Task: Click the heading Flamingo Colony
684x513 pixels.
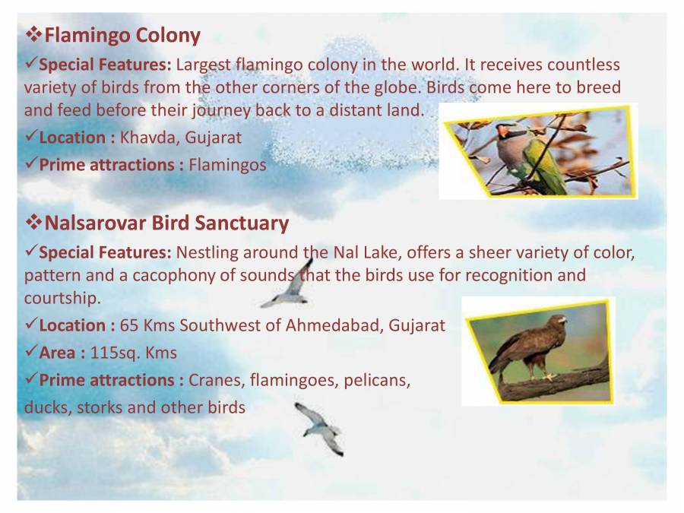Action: pyautogui.click(x=122, y=35)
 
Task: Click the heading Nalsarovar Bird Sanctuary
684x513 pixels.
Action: pyautogui.click(x=166, y=223)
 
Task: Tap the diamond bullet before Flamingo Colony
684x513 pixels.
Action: pyautogui.click(x=34, y=35)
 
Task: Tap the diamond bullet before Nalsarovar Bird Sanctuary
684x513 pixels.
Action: pyautogui.click(x=34, y=223)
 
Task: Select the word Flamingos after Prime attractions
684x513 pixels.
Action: pyautogui.click(x=227, y=164)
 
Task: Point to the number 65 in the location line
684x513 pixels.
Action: pyautogui.click(x=128, y=325)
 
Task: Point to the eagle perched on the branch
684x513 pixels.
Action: pyautogui.click(x=532, y=346)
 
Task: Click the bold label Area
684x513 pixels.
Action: pyautogui.click(x=61, y=353)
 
